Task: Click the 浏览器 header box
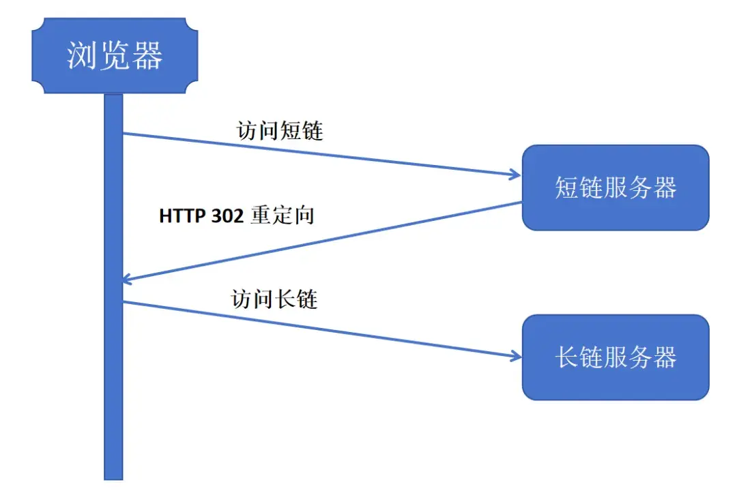tap(115, 56)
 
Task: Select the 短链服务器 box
tap(616, 187)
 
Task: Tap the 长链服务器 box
tap(616, 357)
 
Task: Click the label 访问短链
tap(280, 130)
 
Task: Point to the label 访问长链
tap(275, 299)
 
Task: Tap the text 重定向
tap(283, 216)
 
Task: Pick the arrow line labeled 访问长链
tap(321, 329)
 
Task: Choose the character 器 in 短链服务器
tap(662, 187)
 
